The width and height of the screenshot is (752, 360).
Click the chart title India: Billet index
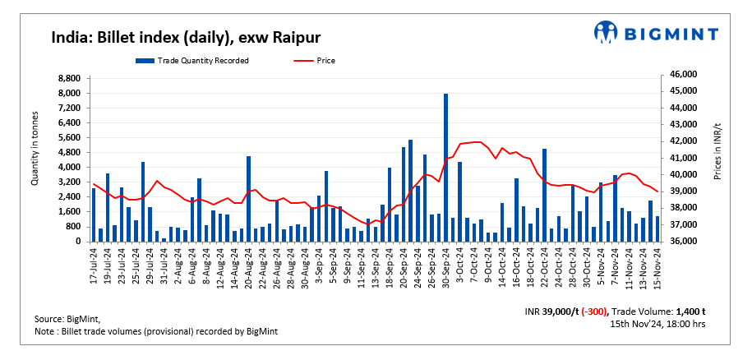point(186,37)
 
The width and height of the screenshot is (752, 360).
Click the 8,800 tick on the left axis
point(68,78)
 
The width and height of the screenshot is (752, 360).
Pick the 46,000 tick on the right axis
point(683,75)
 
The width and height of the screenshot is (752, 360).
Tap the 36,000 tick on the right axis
point(683,242)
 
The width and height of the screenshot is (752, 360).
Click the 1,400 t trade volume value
point(690,312)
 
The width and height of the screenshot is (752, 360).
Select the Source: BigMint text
point(67,318)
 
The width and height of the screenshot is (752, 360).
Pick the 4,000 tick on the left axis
point(68,168)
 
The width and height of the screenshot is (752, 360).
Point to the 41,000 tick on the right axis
point(683,158)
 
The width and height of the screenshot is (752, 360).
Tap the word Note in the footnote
point(45,330)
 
